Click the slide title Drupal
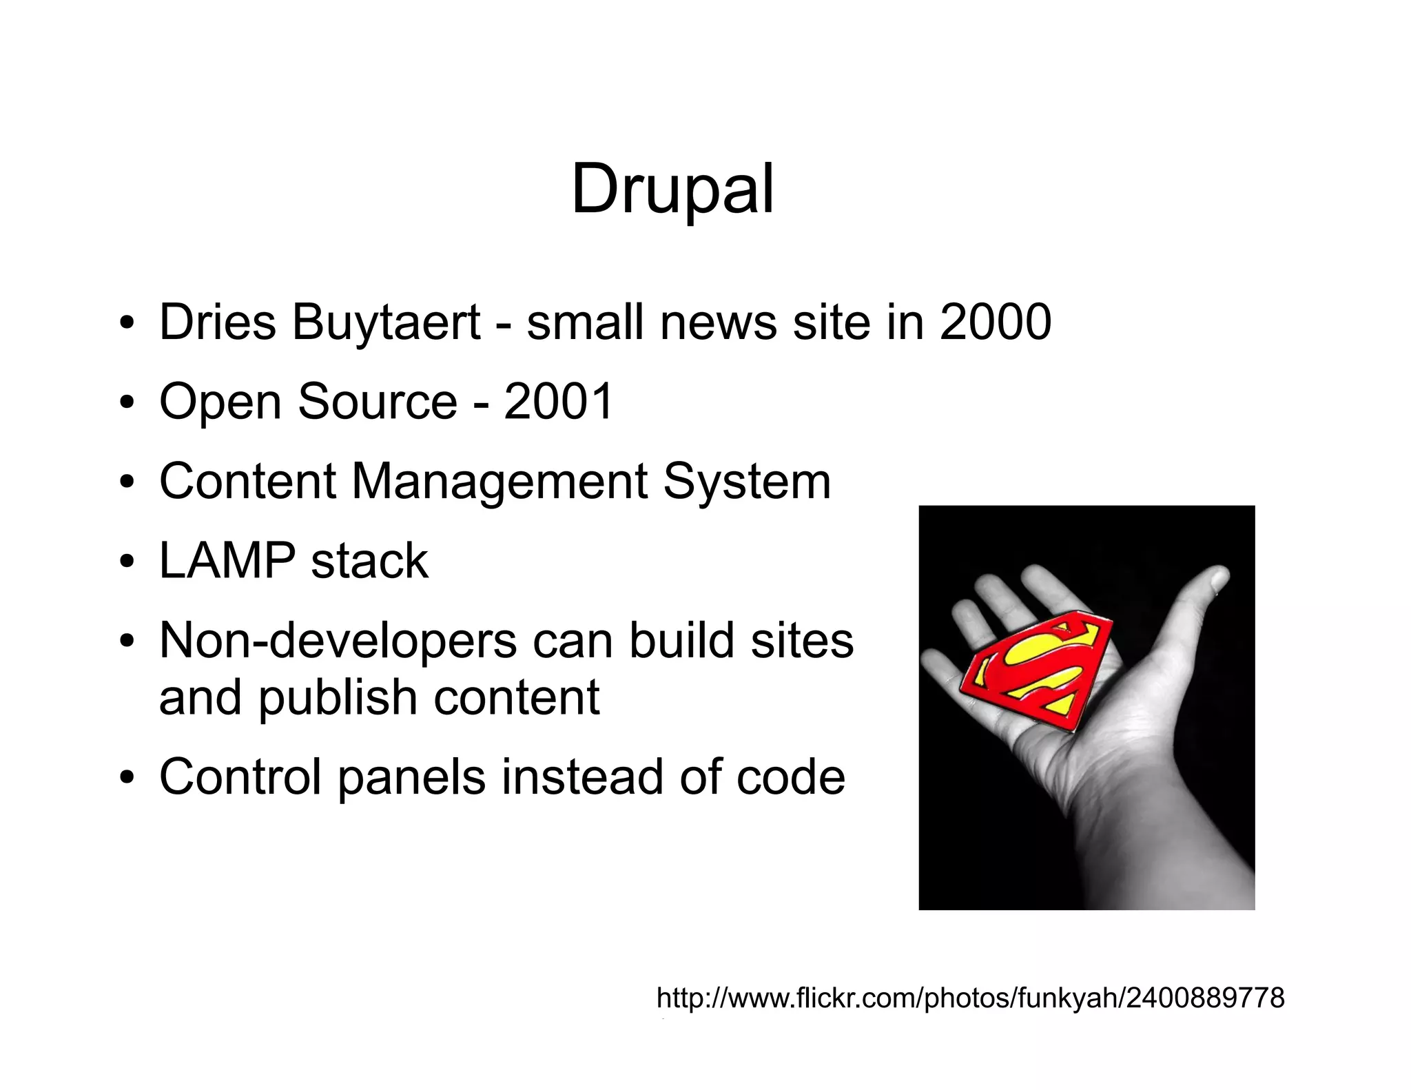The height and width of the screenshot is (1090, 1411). [x=672, y=189]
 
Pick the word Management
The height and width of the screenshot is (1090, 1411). [x=499, y=481]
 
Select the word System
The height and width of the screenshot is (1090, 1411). [x=747, y=481]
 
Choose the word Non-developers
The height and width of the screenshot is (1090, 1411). [x=338, y=640]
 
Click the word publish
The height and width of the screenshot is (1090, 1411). [x=338, y=697]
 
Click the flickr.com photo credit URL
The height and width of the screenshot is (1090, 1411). [x=970, y=997]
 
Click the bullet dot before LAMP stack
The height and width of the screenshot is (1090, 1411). [x=125, y=562]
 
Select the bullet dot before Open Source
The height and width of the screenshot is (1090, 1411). [x=125, y=402]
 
